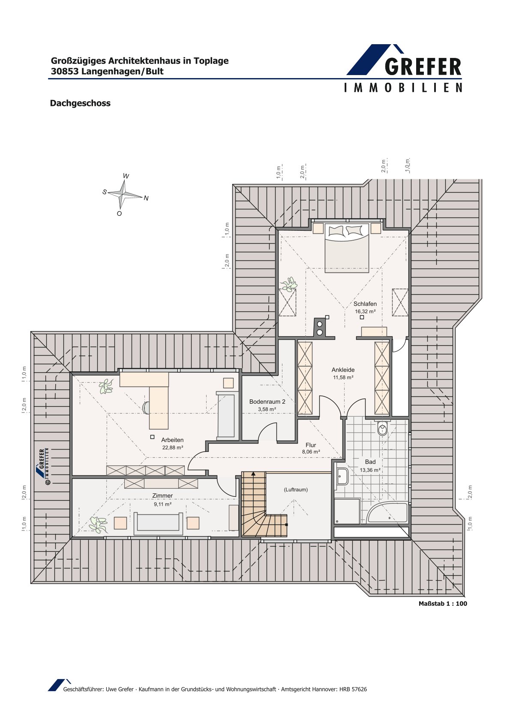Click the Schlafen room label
click(365, 304)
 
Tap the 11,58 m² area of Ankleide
click(343, 377)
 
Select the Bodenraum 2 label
click(267, 402)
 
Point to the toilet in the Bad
click(382, 428)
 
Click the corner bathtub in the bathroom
click(387, 513)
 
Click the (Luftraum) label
click(296, 489)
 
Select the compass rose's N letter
click(146, 198)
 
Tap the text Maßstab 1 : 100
click(443, 604)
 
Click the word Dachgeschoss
click(80, 103)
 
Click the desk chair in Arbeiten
click(146, 408)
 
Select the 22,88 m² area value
click(173, 447)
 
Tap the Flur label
click(311, 445)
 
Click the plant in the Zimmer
click(98, 524)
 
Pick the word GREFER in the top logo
click(423, 67)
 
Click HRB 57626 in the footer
click(353, 689)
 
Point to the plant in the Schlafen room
click(289, 284)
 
